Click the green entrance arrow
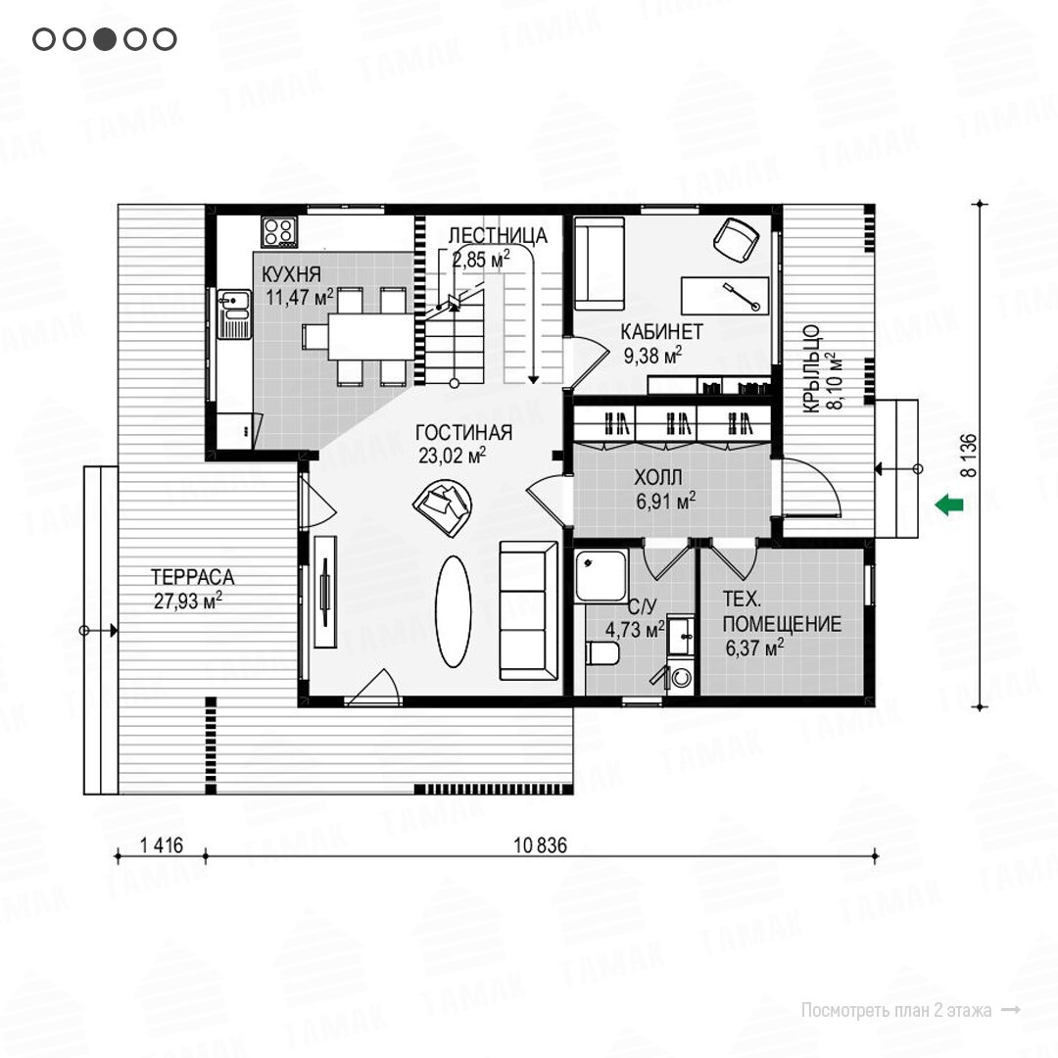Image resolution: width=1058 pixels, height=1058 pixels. pos(948,505)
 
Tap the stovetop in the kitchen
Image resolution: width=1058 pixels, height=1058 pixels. pos(279,231)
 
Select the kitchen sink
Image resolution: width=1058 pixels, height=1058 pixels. pos(234,313)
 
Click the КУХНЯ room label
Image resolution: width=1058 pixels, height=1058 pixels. pos(291,274)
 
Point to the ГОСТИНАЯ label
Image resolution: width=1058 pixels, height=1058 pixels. pos(463,433)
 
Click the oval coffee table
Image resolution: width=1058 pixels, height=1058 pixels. pos(453,611)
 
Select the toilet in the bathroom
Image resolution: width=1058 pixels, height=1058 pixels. pos(602,653)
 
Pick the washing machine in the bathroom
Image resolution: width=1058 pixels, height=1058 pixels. pos(681,677)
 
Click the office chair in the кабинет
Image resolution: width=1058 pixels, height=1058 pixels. pos(736,240)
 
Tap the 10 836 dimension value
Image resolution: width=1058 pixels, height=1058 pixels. pos(540,844)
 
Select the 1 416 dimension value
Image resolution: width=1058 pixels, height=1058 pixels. pos(162,844)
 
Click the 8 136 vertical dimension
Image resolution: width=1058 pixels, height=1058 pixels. pos(968,456)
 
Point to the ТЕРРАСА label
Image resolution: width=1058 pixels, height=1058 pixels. pos(192,577)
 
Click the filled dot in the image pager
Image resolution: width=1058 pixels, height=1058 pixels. pos(105,39)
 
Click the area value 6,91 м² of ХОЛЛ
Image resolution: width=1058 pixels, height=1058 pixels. pos(665,501)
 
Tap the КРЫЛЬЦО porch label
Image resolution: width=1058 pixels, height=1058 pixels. pos(811,368)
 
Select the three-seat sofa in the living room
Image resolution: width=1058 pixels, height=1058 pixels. pos(528,610)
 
